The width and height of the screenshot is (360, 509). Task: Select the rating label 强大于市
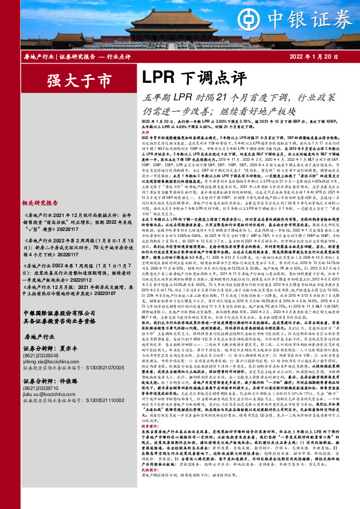pos(71,79)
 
